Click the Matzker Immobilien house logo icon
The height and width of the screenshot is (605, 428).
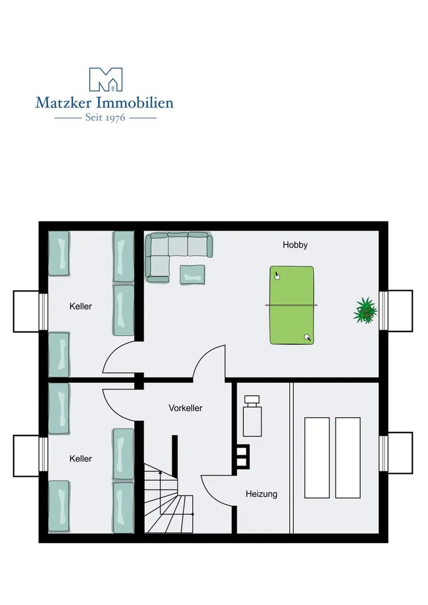pyautogui.click(x=105, y=80)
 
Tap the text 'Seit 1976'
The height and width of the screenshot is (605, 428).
pyautogui.click(x=105, y=118)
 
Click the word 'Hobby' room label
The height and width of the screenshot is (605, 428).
pyautogui.click(x=295, y=245)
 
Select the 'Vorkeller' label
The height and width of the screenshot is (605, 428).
pyautogui.click(x=186, y=408)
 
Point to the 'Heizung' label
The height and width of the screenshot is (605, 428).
pyautogui.click(x=261, y=494)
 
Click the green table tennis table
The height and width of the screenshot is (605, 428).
pyautogui.click(x=291, y=305)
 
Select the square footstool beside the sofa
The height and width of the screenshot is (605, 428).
pyautogui.click(x=193, y=274)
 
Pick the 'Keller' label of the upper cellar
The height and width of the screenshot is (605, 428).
pyautogui.click(x=80, y=306)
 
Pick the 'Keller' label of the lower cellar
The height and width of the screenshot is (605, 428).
pyautogui.click(x=80, y=458)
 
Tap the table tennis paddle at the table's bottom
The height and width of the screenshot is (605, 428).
pyautogui.click(x=307, y=337)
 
